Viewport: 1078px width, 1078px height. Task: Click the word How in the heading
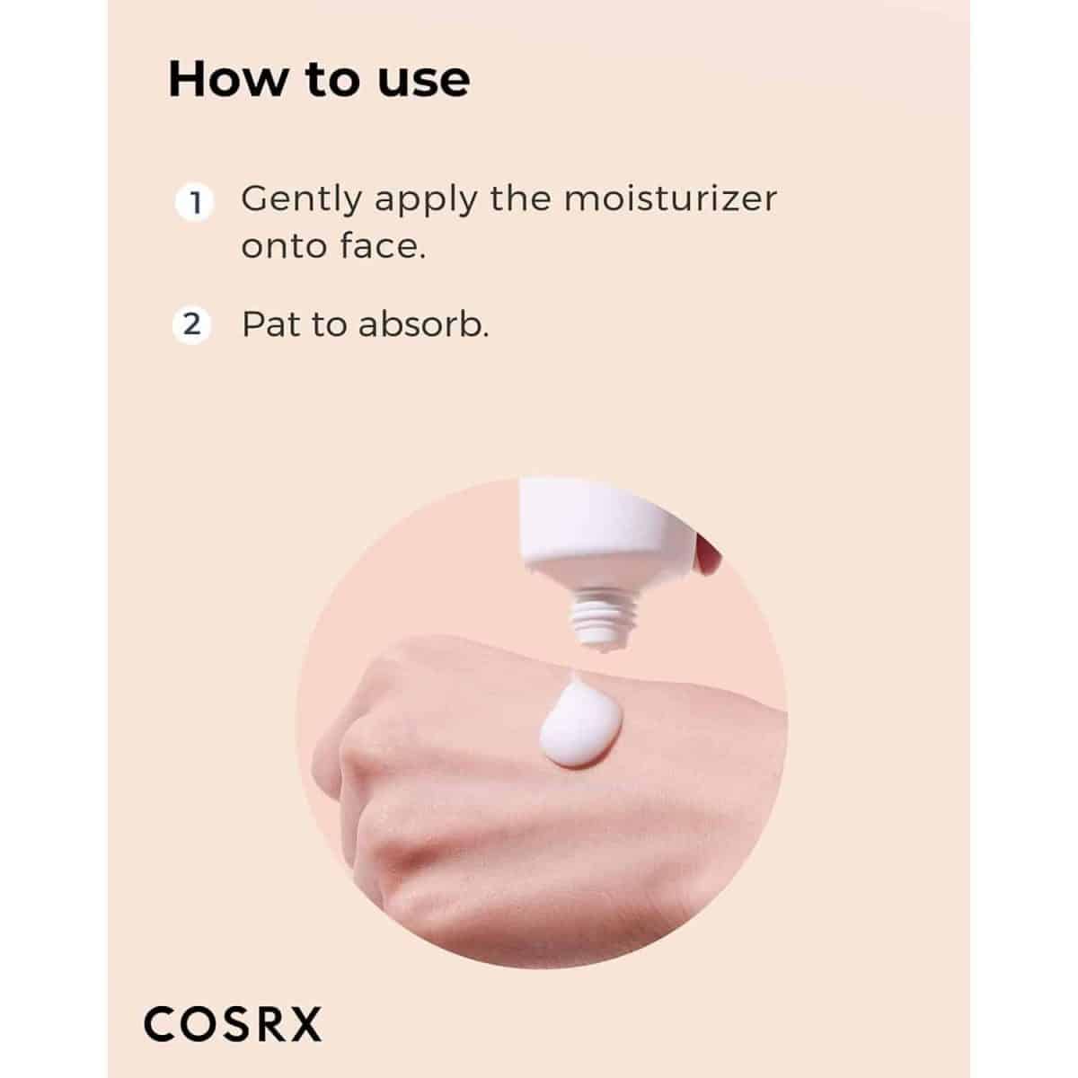coord(227,79)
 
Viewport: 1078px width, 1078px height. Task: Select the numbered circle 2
coord(192,324)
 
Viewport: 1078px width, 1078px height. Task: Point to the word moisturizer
coord(670,199)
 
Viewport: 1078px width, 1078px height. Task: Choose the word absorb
coord(423,323)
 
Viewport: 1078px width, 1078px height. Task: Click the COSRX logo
coord(233,1024)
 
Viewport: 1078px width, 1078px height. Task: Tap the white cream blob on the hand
coord(579,720)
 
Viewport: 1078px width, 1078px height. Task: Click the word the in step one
coord(521,199)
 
